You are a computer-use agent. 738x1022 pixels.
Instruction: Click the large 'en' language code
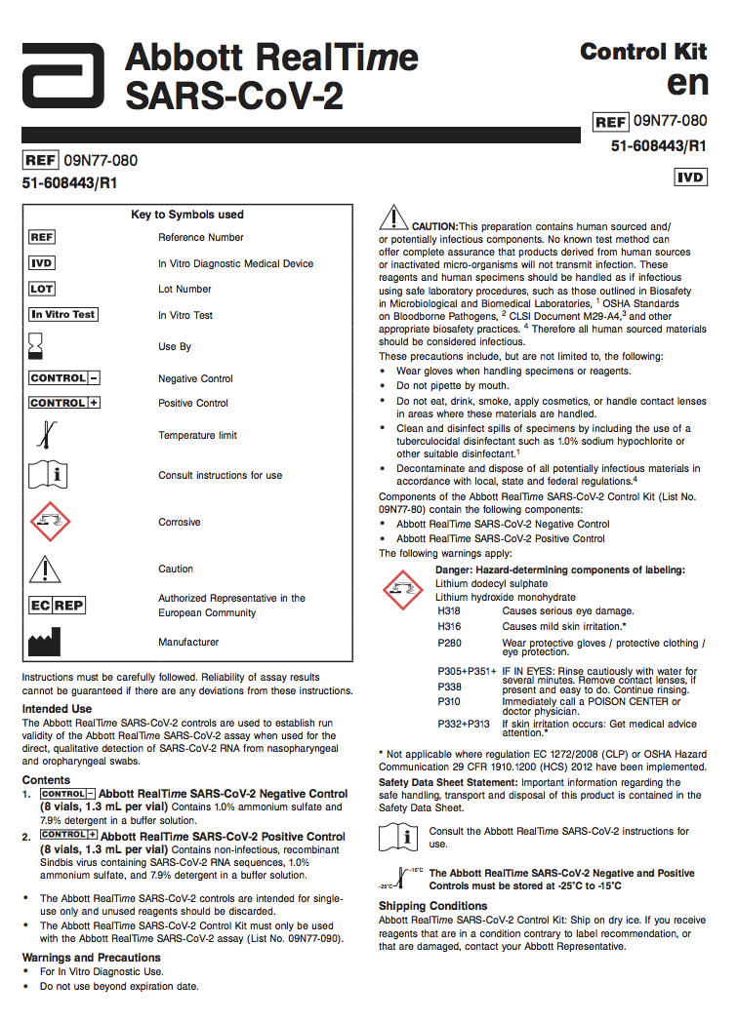coord(687,84)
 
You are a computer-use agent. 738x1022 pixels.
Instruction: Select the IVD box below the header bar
coord(690,177)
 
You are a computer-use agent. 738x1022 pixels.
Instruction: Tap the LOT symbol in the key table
coord(42,289)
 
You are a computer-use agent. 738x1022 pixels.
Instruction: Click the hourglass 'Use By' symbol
coord(37,346)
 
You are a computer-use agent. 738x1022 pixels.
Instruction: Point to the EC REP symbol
coord(57,606)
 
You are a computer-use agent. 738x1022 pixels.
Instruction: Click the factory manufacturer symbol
coord(45,642)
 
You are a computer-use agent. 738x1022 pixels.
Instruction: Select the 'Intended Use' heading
coord(57,709)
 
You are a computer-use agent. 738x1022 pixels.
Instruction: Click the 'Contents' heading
coord(46,780)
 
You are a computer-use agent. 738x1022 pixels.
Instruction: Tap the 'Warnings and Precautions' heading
coord(91,958)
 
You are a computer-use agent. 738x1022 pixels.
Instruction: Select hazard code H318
coord(449,610)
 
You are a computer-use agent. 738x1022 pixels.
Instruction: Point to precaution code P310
coord(448,701)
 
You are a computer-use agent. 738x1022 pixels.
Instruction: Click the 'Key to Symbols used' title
coord(187,215)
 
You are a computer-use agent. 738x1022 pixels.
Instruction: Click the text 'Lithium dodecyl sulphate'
coord(491,583)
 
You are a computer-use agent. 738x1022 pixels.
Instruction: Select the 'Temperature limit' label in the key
coord(197,435)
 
